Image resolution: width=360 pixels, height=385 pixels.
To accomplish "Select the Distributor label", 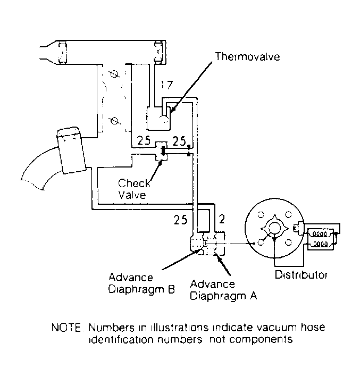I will [x=301, y=275].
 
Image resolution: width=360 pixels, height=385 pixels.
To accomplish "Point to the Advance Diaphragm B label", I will [x=138, y=284].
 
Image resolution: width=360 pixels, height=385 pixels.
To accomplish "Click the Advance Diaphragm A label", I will [x=224, y=290].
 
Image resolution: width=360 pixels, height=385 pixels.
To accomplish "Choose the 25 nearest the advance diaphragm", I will [x=182, y=217].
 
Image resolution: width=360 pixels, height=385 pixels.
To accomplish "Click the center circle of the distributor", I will [x=274, y=228].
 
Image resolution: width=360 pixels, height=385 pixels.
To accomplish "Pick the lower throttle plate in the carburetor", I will [x=113, y=121].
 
